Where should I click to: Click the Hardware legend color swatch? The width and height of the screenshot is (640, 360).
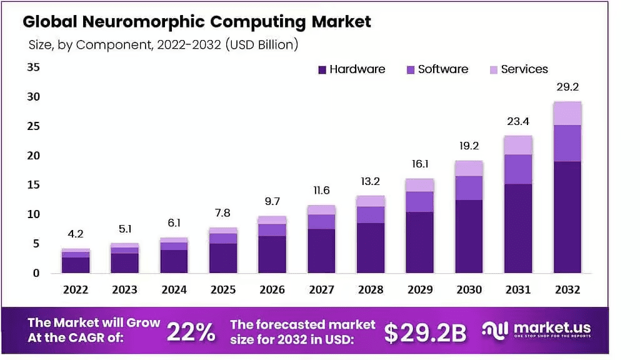(x=322, y=70)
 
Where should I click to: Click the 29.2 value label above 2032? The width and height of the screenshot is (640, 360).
(x=567, y=87)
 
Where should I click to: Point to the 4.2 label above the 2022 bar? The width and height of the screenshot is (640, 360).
(x=75, y=234)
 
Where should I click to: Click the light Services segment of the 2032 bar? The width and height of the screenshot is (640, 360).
(x=567, y=113)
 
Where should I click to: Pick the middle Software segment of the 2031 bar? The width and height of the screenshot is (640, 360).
(x=518, y=169)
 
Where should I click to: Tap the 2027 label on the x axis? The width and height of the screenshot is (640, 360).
(x=321, y=290)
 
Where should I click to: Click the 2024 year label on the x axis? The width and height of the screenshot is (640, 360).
(x=174, y=290)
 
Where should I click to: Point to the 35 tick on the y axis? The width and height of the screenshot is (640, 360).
(x=32, y=67)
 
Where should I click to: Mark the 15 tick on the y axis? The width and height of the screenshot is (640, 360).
(x=32, y=185)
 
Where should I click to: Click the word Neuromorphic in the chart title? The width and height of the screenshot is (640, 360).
(x=144, y=22)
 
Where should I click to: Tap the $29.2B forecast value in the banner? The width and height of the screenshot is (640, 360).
(x=425, y=333)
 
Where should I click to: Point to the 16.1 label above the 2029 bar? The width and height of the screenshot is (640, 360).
(x=419, y=166)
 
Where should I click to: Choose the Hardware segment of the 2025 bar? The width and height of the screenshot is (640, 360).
(x=223, y=257)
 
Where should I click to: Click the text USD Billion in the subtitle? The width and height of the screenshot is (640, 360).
(x=262, y=45)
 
